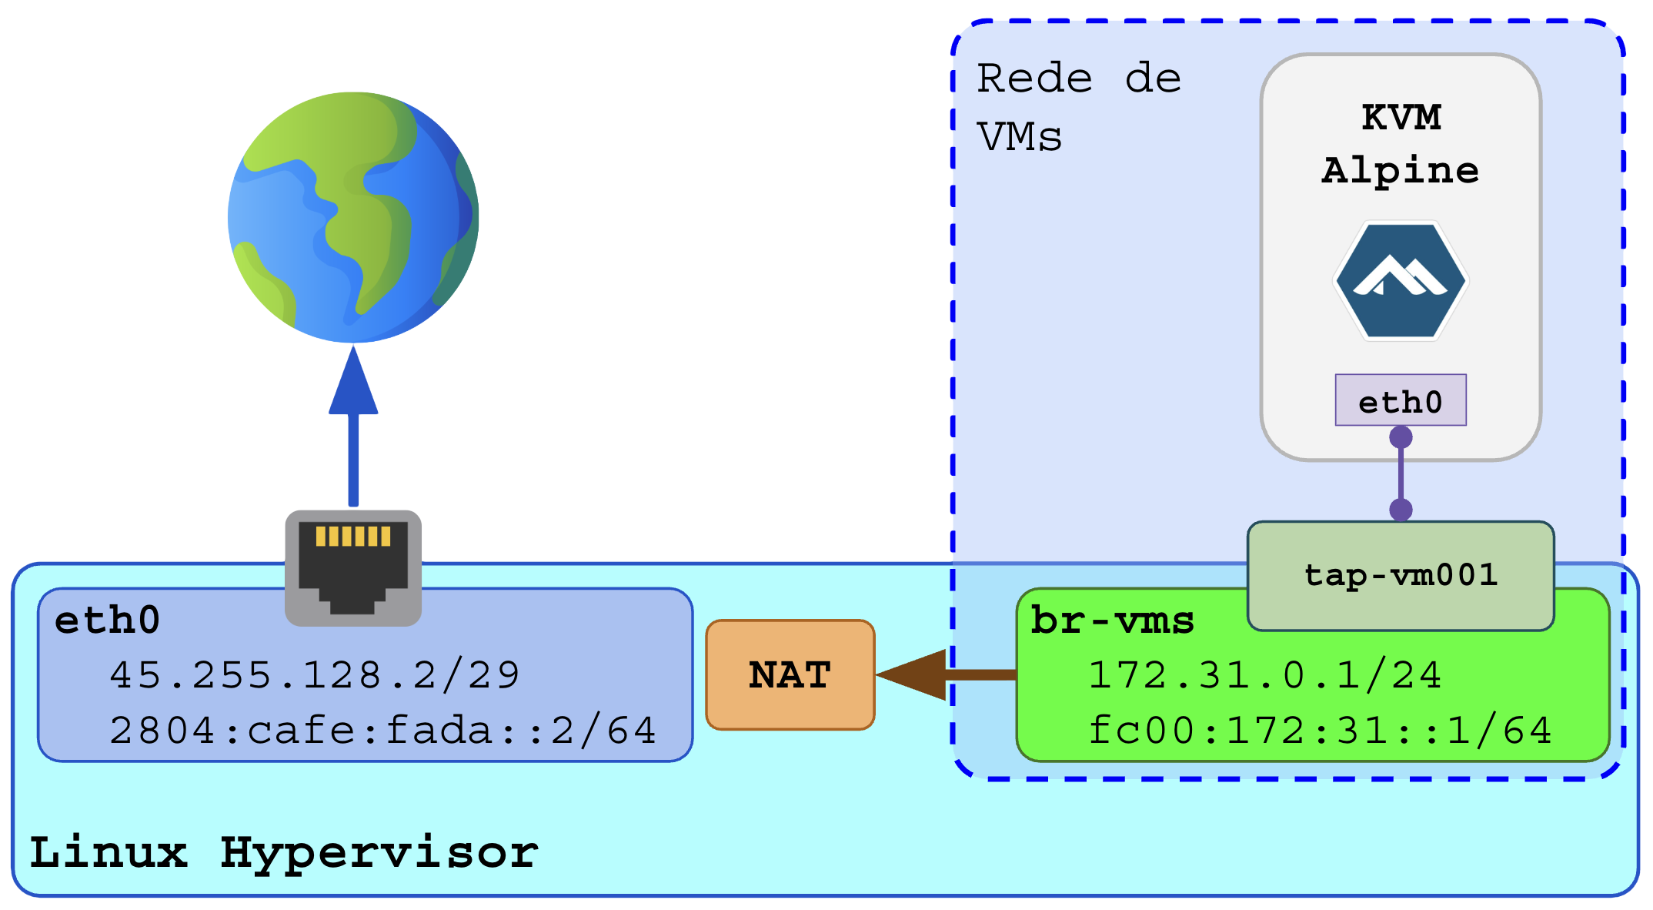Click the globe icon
pyautogui.click(x=353, y=217)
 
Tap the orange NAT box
pyautogui.click(x=790, y=675)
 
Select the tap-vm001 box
pyautogui.click(x=1401, y=575)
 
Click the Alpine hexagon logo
pyautogui.click(x=1401, y=280)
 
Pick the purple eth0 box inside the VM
pyautogui.click(x=1401, y=400)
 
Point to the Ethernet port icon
pyautogui.click(x=353, y=567)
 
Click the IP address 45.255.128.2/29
pyautogui.click(x=315, y=675)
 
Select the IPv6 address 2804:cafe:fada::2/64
pyautogui.click(x=382, y=730)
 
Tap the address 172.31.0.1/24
pyautogui.click(x=1264, y=675)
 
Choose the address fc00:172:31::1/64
pyautogui.click(x=1320, y=730)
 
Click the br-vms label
pyautogui.click(x=1112, y=621)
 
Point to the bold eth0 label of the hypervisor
pyautogui.click(x=107, y=621)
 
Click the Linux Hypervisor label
pyautogui.click(x=284, y=853)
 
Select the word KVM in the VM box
pyautogui.click(x=1401, y=118)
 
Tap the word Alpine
pyautogui.click(x=1401, y=170)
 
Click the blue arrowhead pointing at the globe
pyautogui.click(x=353, y=383)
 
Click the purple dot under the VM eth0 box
pyautogui.click(x=1401, y=437)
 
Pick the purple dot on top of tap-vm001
pyautogui.click(x=1401, y=509)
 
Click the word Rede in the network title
pyautogui.click(x=1034, y=79)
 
